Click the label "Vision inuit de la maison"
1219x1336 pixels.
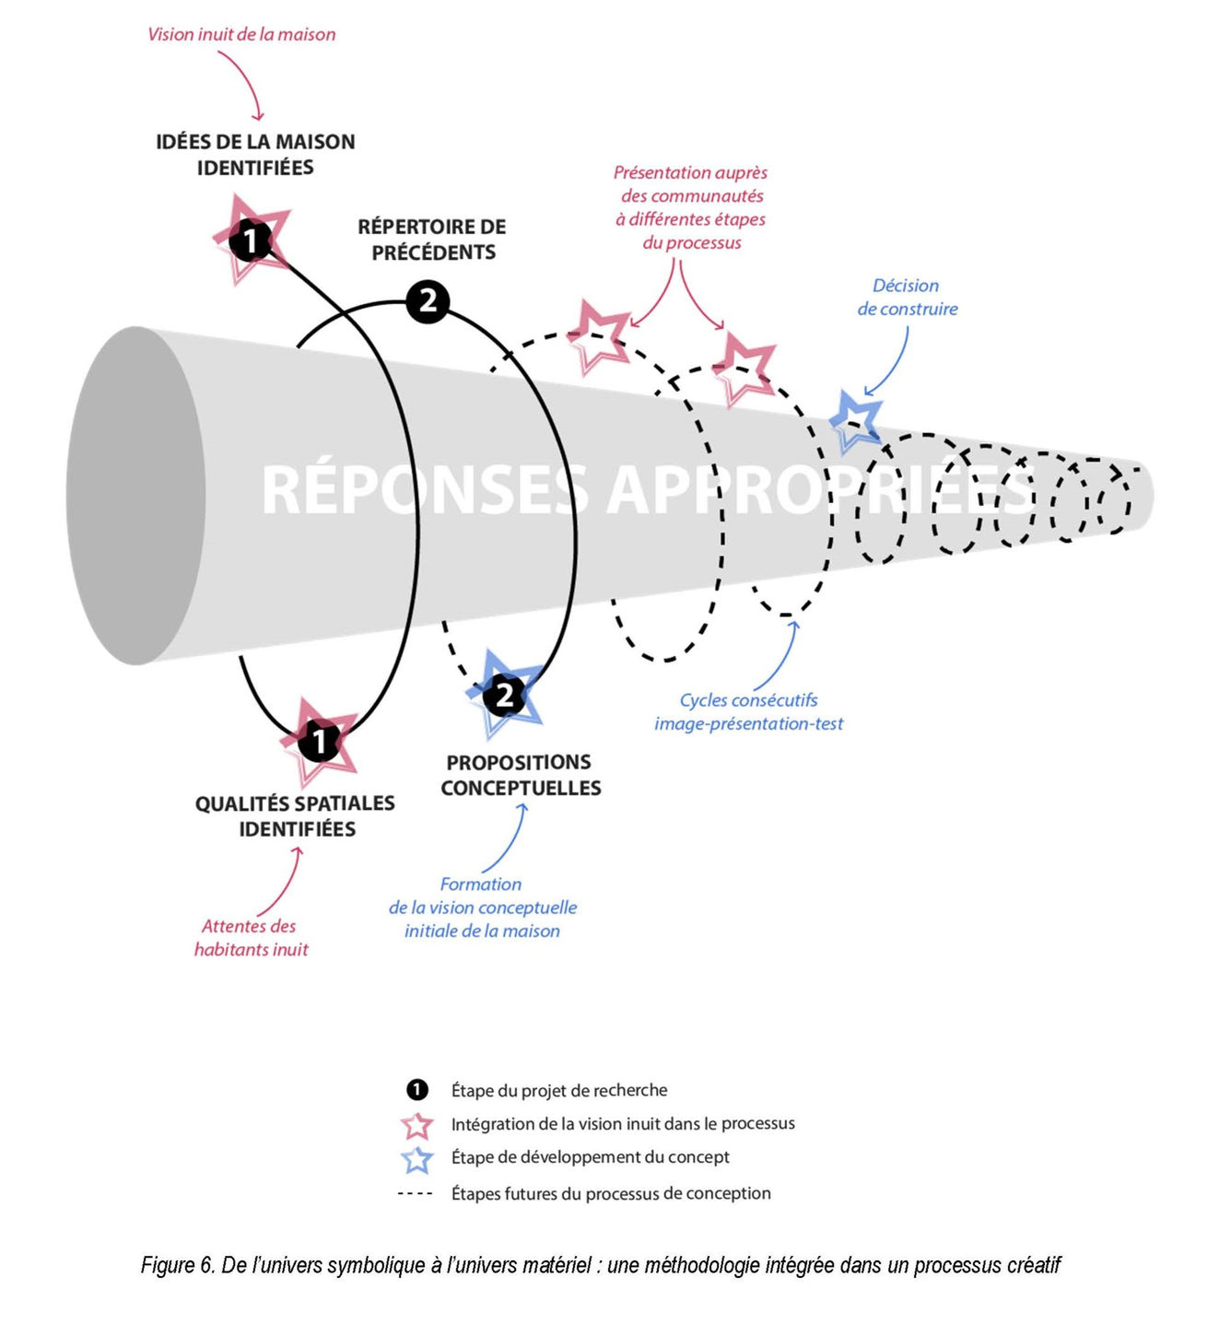click(x=241, y=35)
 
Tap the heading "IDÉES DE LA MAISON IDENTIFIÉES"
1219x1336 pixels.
click(x=255, y=155)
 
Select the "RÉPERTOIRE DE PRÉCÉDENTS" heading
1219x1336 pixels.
click(x=432, y=240)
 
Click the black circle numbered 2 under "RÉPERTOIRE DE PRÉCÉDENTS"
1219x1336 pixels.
click(x=428, y=302)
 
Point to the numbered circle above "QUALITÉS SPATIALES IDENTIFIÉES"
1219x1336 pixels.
click(x=319, y=740)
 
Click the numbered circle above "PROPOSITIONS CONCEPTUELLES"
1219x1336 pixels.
click(x=504, y=696)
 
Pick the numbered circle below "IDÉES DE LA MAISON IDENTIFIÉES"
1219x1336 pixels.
click(x=250, y=241)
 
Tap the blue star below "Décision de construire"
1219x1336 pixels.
click(x=856, y=420)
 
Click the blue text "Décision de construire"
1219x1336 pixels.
click(x=907, y=298)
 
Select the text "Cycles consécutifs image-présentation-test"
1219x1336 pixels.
click(x=748, y=712)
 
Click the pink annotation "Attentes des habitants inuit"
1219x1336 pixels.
click(x=251, y=938)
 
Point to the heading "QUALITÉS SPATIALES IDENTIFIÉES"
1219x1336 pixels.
click(x=295, y=816)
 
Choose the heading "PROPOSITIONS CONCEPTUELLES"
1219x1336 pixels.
click(x=521, y=775)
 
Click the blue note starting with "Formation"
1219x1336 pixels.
click(x=482, y=908)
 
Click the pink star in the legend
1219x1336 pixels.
click(x=417, y=1125)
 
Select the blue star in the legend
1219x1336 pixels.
click(x=417, y=1159)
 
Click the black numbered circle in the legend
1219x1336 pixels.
click(x=417, y=1090)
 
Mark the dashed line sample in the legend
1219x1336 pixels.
click(x=415, y=1194)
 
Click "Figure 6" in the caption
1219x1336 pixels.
click(x=178, y=1266)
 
